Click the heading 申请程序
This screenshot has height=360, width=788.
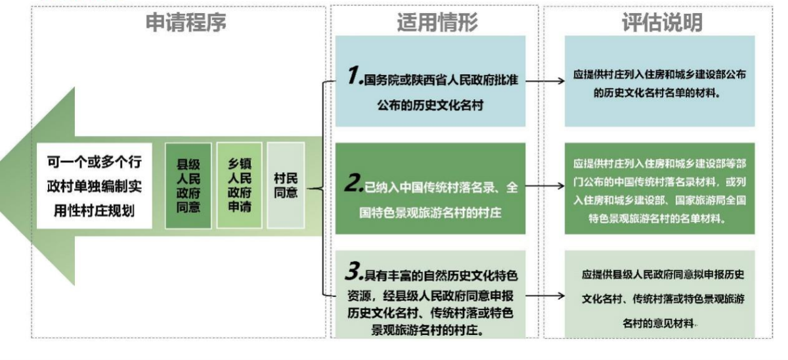pos(186,22)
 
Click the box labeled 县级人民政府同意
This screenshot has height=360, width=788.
pos(188,186)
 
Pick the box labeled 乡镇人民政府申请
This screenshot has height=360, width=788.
pos(239,186)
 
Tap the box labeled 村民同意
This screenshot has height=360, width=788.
pos(286,186)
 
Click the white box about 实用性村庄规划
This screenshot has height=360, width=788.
pos(94,186)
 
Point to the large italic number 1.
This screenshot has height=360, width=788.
pos(355,77)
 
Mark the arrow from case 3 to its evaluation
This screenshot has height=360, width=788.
pos(545,296)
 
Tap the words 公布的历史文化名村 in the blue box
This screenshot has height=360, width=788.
pos(430,104)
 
